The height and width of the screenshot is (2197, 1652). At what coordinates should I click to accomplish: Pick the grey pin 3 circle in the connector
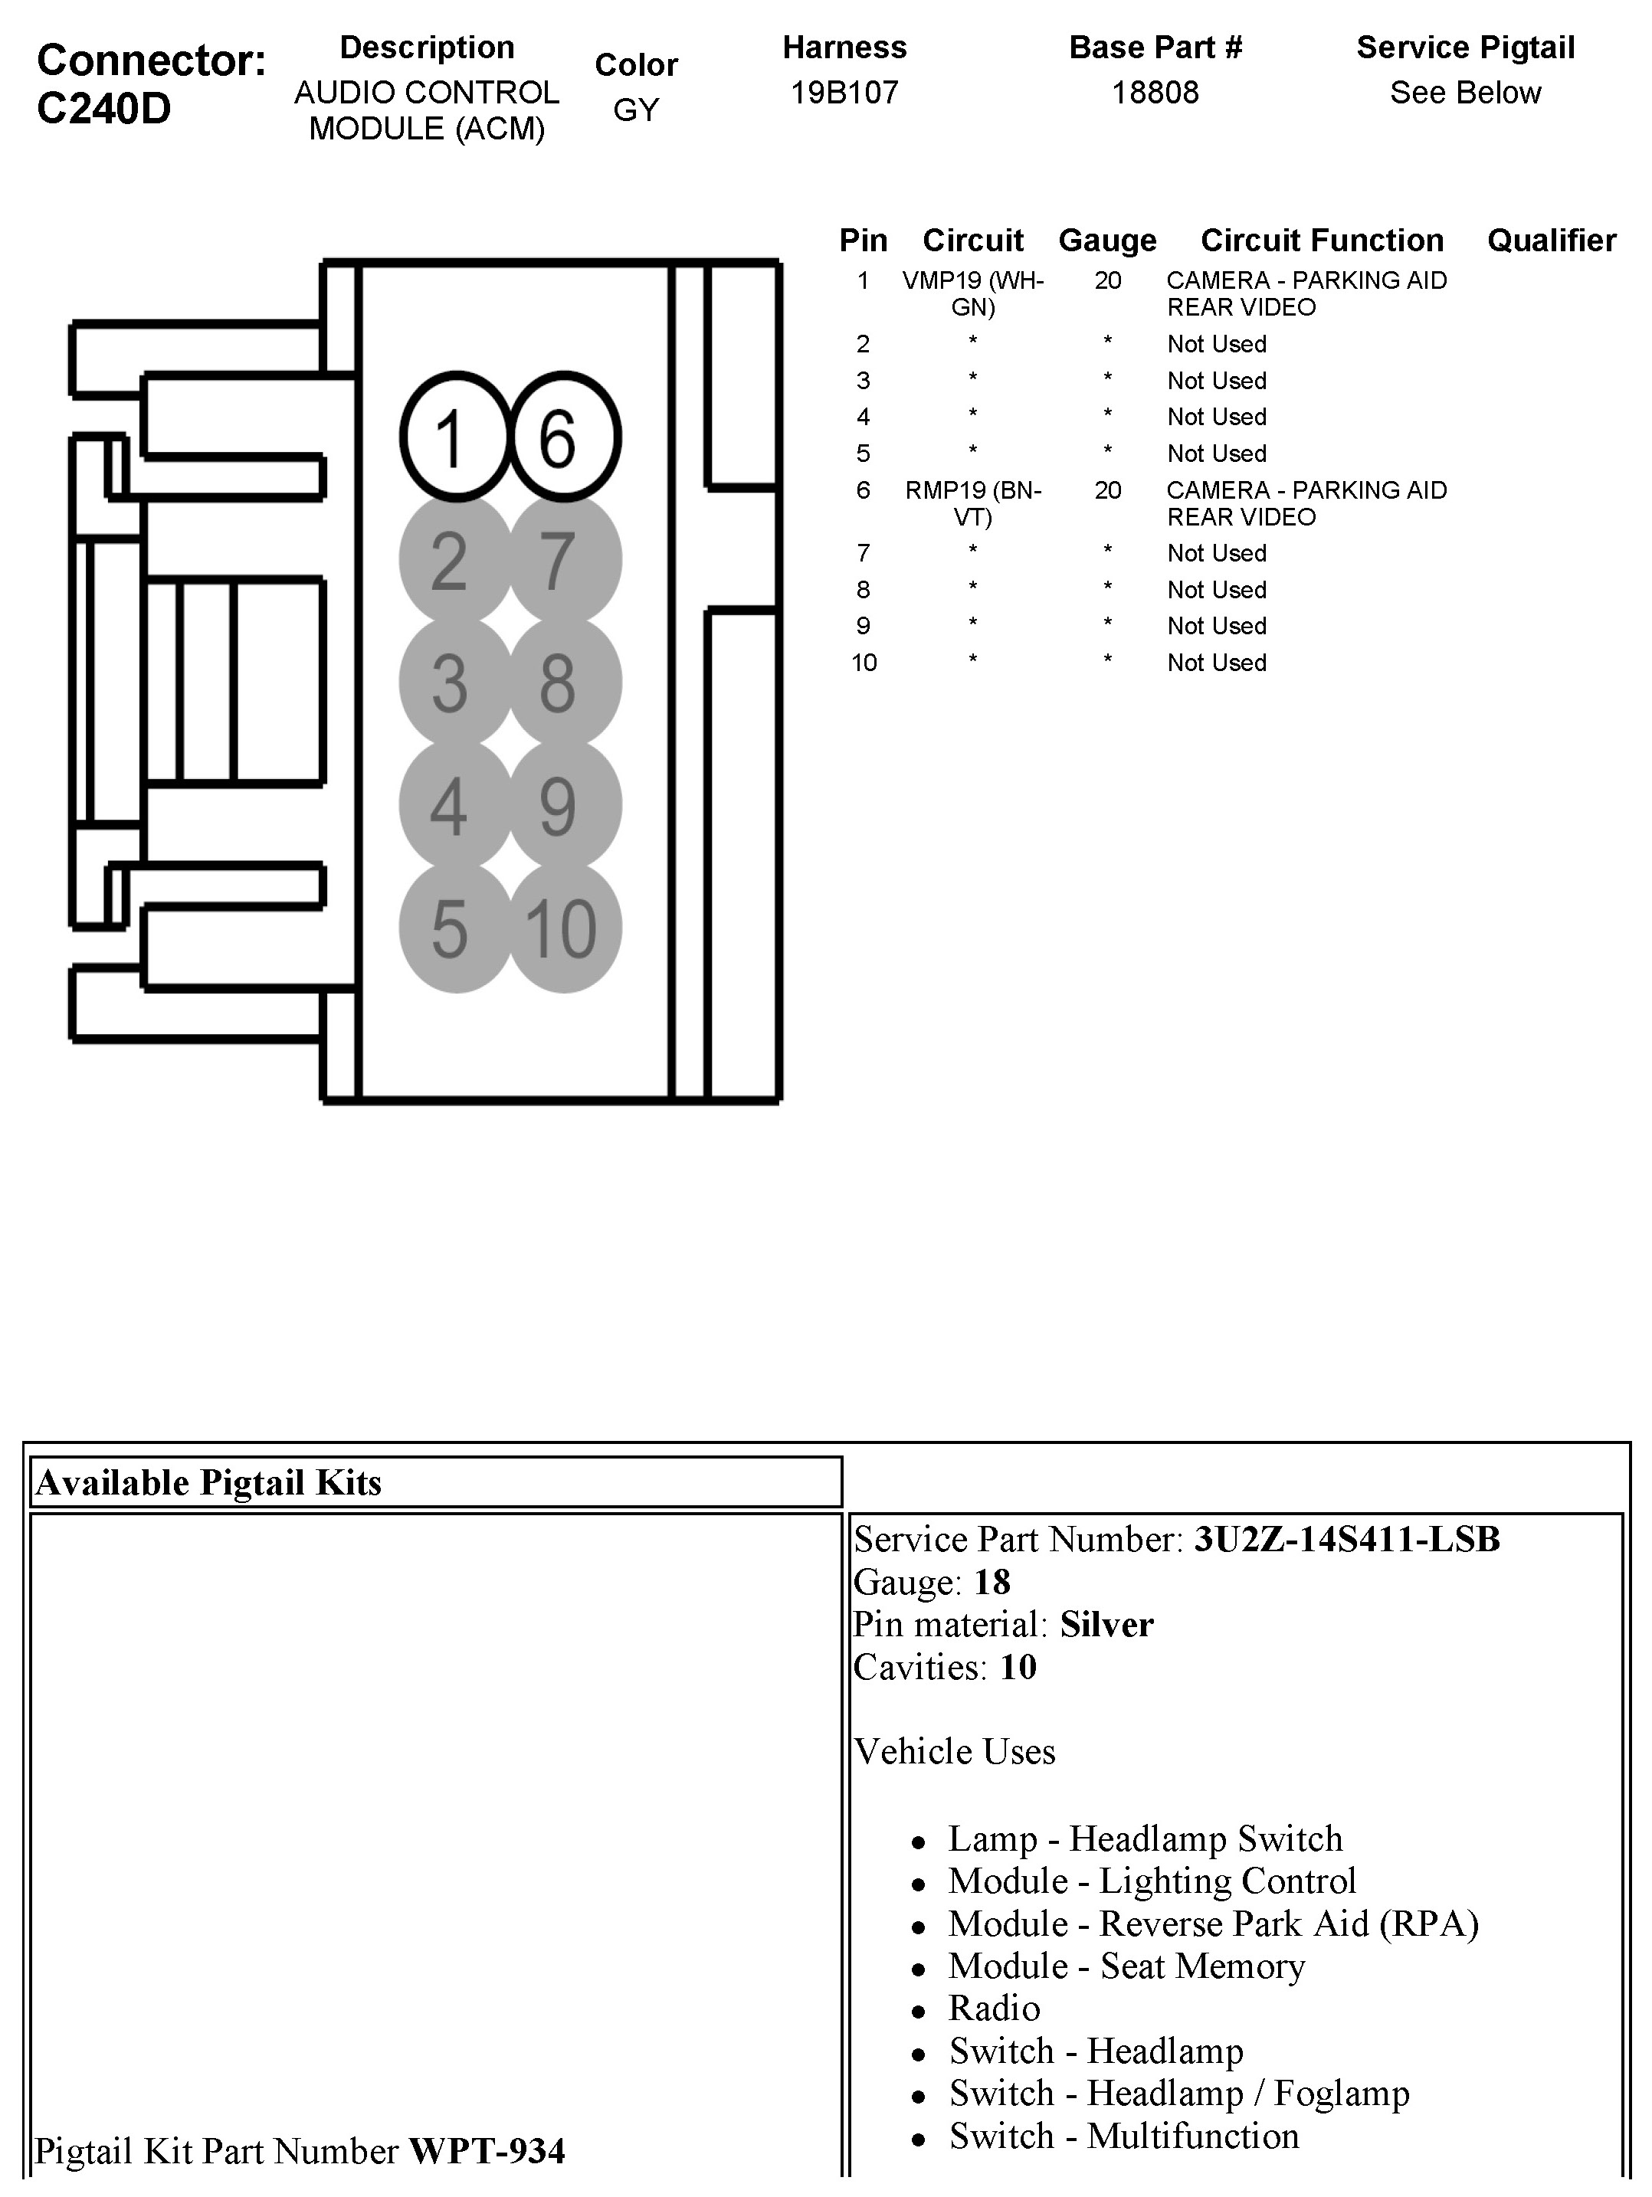coord(454,683)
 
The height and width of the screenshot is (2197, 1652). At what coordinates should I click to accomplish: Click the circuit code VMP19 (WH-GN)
coord(972,293)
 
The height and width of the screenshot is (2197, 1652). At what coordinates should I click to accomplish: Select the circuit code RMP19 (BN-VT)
coord(972,503)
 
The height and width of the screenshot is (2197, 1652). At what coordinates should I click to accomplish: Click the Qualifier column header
coord(1551,241)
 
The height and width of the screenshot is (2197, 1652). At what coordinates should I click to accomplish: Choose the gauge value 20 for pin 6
coord(1108,489)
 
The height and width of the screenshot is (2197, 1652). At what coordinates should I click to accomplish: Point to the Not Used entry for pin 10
coord(1216,663)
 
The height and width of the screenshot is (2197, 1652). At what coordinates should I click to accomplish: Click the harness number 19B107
coord(844,93)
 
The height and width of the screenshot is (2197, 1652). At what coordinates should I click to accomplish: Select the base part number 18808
coord(1154,93)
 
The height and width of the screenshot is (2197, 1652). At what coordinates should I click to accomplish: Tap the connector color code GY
coord(636,110)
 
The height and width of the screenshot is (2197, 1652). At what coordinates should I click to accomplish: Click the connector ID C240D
coord(103,108)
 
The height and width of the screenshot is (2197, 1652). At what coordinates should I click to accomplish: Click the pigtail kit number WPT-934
coord(487,2150)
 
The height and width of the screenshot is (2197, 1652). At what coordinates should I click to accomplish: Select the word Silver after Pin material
coord(1106,1625)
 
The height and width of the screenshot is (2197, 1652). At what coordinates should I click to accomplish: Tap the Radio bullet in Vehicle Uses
coord(993,2009)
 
